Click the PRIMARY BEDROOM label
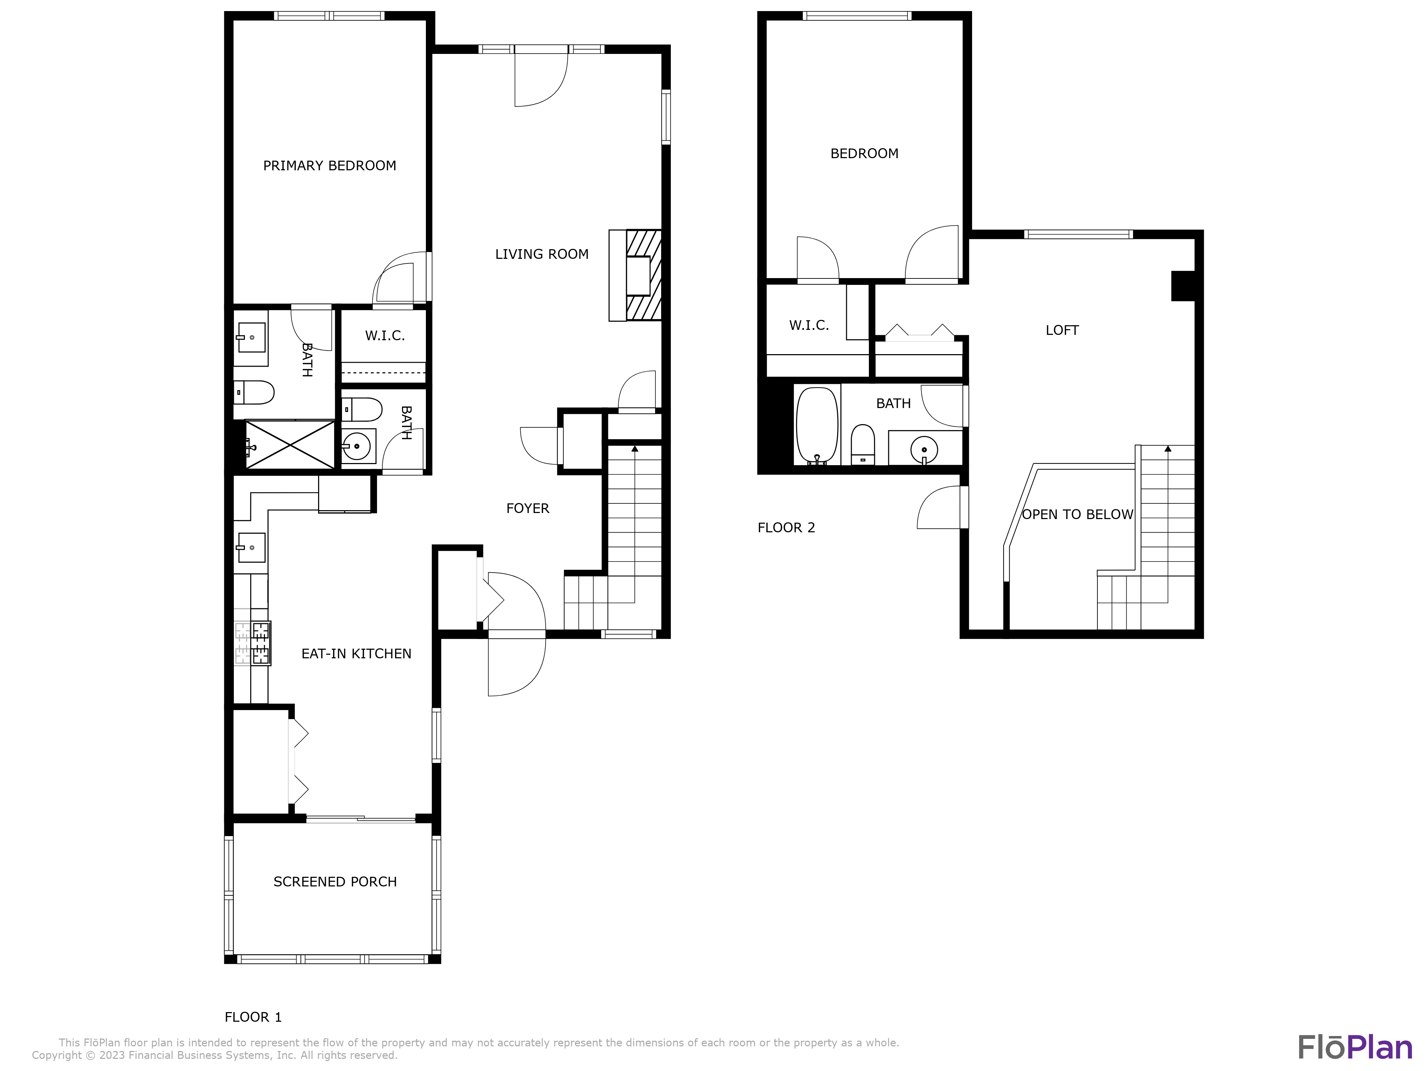click(329, 166)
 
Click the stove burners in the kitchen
click(260, 643)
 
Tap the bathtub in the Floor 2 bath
click(817, 425)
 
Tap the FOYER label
click(527, 509)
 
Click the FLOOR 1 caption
click(252, 1017)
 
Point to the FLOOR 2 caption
click(786, 528)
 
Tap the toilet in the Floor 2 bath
click(863, 444)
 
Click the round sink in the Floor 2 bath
click(924, 449)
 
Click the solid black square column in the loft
click(1183, 286)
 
